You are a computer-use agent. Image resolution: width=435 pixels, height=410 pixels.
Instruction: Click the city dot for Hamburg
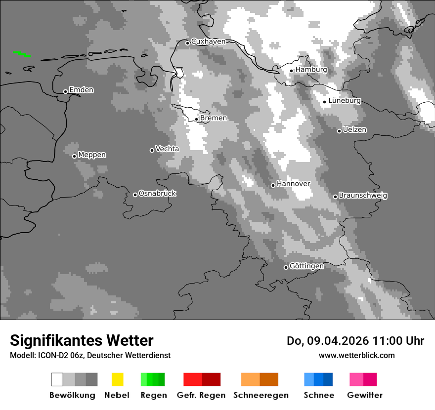point(291,71)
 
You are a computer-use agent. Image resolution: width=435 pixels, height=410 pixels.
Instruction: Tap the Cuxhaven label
point(208,41)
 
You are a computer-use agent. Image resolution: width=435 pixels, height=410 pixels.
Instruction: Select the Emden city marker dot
point(65,91)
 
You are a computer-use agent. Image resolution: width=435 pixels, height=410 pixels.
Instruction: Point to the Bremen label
point(214,118)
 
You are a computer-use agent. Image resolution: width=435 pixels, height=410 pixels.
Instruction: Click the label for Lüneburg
point(345,101)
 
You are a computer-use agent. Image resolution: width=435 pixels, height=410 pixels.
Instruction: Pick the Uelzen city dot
point(339,131)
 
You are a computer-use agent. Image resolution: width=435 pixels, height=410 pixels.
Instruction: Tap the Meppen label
point(92,155)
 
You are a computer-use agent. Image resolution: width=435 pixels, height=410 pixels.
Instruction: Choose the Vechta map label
point(167,149)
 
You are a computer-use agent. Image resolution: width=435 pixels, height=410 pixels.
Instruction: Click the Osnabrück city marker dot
point(135,195)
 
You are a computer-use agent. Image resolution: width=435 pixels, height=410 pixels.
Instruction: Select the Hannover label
point(293,184)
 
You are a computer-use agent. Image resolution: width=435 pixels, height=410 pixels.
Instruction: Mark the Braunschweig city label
point(363,196)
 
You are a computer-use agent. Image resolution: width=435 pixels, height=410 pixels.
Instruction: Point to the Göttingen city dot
point(286,267)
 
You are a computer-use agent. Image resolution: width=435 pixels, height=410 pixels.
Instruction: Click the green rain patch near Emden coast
point(22,53)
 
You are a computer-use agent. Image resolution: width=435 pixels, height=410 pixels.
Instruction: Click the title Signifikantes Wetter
point(82,341)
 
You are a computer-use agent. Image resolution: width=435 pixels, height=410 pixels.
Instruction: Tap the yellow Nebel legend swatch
point(117,379)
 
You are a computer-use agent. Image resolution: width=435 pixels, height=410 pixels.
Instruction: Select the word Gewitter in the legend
point(365,395)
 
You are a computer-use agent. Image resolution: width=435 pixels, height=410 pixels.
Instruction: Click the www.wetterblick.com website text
point(357,355)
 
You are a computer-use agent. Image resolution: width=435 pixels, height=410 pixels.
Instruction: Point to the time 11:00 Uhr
point(393,341)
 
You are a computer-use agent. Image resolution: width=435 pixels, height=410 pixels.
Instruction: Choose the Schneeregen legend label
point(261,395)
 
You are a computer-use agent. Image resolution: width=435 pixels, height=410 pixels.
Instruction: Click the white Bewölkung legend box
point(57,379)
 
